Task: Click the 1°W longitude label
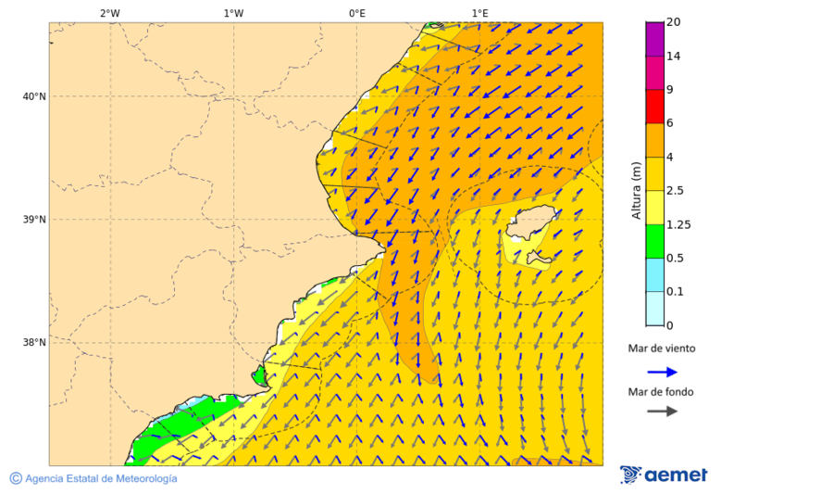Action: (233, 13)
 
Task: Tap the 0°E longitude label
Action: (356, 13)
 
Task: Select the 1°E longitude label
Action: (480, 13)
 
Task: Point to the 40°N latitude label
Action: (33, 96)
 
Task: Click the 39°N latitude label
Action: (33, 220)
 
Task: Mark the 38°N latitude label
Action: (33, 343)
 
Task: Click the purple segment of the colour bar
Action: (654, 38)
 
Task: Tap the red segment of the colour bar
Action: (654, 106)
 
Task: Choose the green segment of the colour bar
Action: (654, 241)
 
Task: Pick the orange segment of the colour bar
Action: (654, 139)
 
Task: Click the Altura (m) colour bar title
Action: (636, 191)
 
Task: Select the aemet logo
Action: (664, 475)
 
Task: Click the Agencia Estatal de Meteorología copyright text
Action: (93, 478)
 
